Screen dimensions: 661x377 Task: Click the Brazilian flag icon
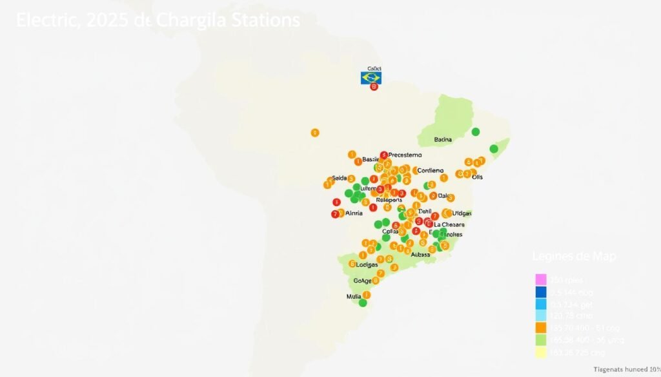coord(371,78)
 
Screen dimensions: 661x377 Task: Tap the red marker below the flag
coord(373,87)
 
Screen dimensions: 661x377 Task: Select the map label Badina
coord(443,139)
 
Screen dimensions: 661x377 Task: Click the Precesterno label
coord(405,155)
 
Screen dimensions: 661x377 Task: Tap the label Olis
coord(478,177)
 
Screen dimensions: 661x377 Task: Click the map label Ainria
coord(354,213)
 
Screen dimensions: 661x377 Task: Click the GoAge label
coord(362,281)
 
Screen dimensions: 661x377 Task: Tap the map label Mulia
coord(354,297)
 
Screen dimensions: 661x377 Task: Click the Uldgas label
coord(462,213)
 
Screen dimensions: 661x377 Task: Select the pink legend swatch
coord(541,280)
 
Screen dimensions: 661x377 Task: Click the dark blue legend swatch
coord(541,292)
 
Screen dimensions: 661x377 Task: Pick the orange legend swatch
coord(541,327)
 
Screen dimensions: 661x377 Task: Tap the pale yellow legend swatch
coord(541,352)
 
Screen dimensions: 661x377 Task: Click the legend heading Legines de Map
coord(574,256)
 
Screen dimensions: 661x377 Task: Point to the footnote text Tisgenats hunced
coord(618,369)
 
